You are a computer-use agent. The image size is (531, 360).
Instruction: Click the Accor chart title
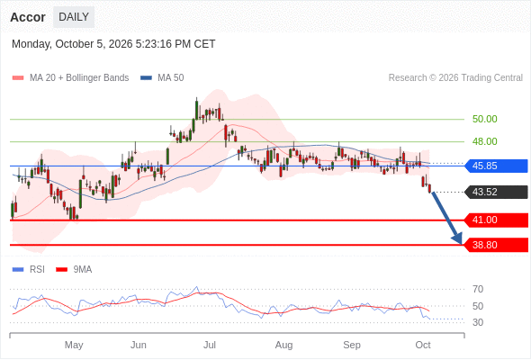(x=28, y=17)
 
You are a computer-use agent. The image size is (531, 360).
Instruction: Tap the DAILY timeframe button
(x=74, y=17)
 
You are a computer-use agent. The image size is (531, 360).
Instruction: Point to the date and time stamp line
(x=113, y=44)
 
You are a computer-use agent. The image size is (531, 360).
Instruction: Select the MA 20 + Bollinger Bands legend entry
(x=70, y=78)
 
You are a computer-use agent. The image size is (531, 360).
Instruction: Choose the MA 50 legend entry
(x=162, y=78)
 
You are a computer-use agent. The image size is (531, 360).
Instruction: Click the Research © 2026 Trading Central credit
(x=455, y=78)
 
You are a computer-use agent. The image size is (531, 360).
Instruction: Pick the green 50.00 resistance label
(x=484, y=119)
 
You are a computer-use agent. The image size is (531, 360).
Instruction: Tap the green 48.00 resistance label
(x=484, y=141)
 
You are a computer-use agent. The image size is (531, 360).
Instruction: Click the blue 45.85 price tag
(x=497, y=166)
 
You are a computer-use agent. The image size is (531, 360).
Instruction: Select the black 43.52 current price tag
(x=497, y=192)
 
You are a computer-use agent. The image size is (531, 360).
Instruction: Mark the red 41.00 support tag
(x=497, y=220)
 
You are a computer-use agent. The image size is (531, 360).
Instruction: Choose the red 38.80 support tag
(x=497, y=245)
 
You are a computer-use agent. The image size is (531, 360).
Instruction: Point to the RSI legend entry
(x=29, y=270)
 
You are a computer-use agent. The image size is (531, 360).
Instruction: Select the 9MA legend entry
(x=74, y=270)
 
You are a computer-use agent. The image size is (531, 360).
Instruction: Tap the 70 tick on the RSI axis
(x=478, y=289)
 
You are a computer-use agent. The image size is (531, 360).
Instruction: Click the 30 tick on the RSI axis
(x=478, y=322)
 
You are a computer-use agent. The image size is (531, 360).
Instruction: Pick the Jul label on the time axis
(x=210, y=345)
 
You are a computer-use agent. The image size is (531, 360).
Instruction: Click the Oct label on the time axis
(x=423, y=345)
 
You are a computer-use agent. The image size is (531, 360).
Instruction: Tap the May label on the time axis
(x=74, y=345)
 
